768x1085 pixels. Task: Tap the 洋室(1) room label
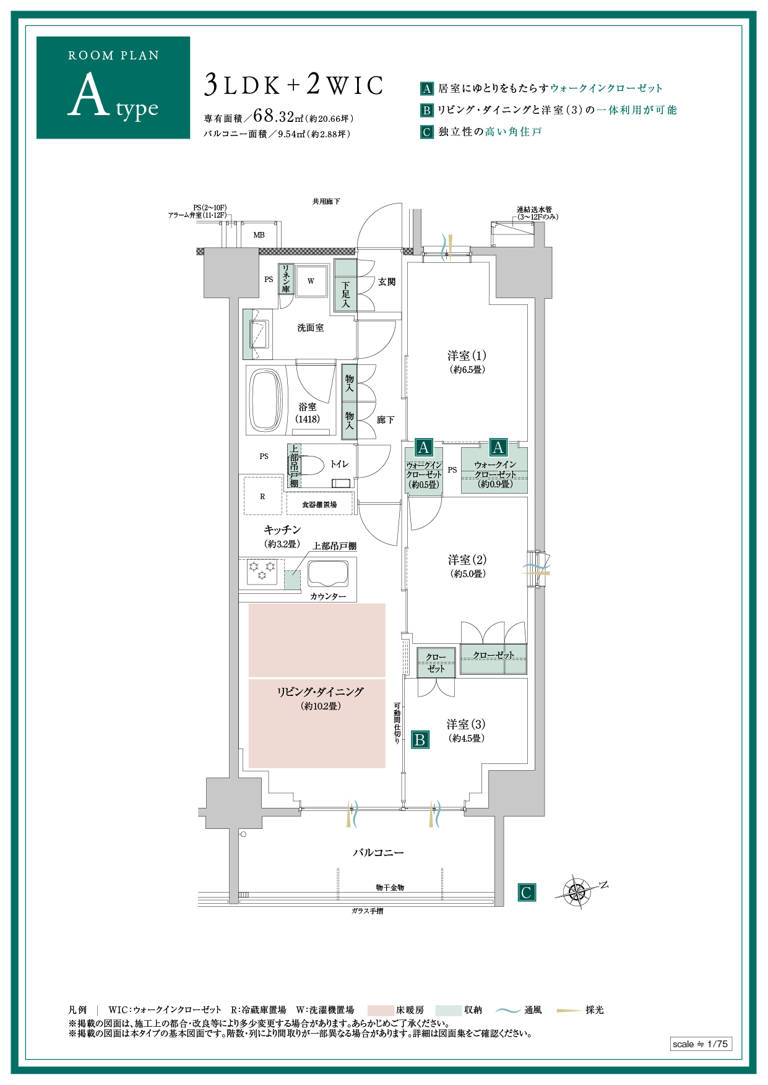pos(467,356)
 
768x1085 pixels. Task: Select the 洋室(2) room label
pos(467,560)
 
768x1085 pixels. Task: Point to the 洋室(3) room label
pos(466,724)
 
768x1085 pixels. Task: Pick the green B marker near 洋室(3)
pos(420,739)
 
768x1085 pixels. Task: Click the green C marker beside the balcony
pos(527,893)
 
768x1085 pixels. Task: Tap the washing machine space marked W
pos(311,281)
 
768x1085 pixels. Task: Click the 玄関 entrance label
pos(387,282)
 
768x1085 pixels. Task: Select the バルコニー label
pos(378,852)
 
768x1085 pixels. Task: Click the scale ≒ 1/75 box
pos(701,1044)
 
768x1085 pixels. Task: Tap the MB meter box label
pos(259,235)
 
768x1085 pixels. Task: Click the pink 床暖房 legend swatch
pos(381,1010)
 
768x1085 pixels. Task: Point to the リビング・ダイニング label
pos(320,692)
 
